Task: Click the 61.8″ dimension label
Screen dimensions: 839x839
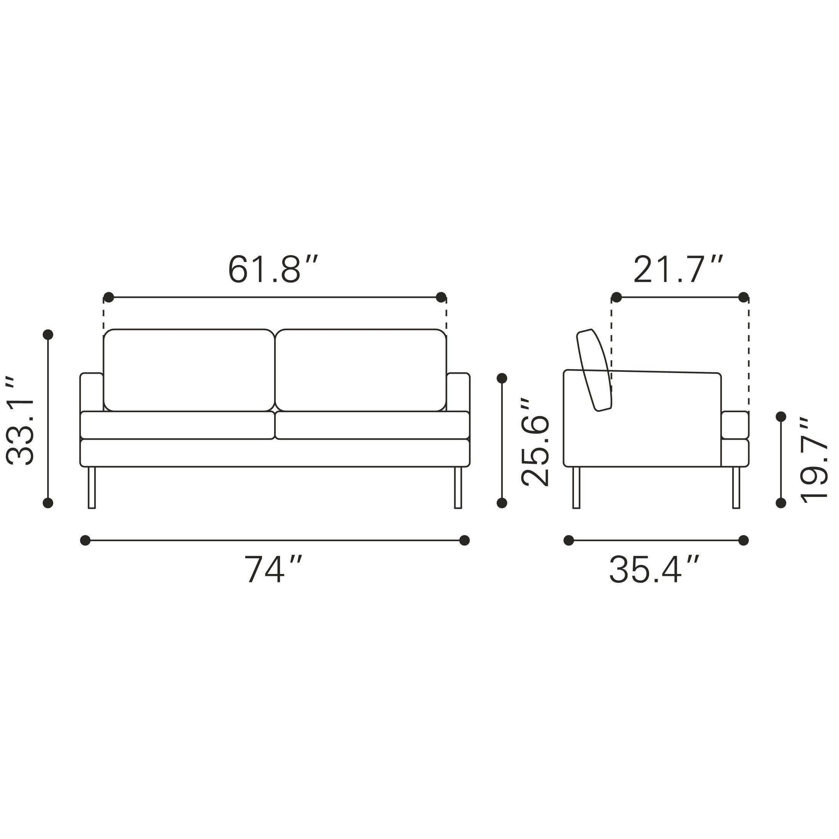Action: tap(273, 270)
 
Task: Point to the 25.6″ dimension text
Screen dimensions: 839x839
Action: tap(535, 442)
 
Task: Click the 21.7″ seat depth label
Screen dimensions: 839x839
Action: tap(678, 270)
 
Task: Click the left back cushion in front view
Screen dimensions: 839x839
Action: tap(189, 370)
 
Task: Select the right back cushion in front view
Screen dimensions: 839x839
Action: tap(361, 370)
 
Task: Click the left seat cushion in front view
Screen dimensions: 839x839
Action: tap(178, 425)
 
